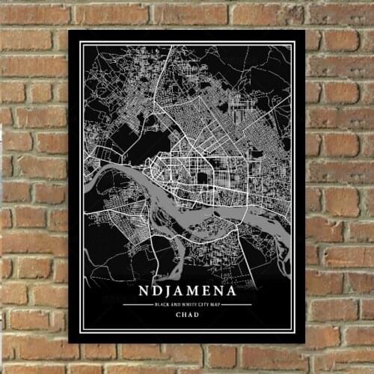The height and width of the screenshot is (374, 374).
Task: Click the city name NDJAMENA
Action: pos(187,291)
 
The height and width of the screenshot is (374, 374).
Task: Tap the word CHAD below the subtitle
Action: pos(187,314)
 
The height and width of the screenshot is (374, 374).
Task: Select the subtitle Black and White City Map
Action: pos(187,304)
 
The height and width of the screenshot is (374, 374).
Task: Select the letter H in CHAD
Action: pos(184,314)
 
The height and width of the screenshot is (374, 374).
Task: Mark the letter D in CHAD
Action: pos(197,314)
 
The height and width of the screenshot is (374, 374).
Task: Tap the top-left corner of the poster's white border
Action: pos(79,42)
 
